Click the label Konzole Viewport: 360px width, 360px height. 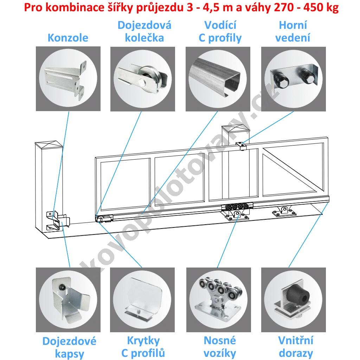point(68,38)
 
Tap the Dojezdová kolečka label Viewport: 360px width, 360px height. point(144,32)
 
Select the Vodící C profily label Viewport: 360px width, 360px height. point(220,32)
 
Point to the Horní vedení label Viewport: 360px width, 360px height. point(293,32)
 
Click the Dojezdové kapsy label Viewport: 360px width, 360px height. point(69,347)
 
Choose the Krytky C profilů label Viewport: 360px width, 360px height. point(143,347)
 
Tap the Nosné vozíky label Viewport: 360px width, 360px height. point(220,347)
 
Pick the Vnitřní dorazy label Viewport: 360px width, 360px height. point(296,347)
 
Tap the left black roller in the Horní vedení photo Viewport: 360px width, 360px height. point(281,79)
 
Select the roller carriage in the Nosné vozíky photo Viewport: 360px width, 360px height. point(218,298)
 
